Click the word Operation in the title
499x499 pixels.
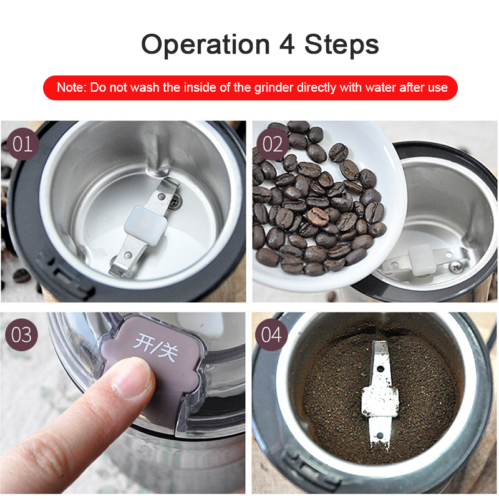[x=205, y=45]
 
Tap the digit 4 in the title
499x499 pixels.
[x=287, y=44]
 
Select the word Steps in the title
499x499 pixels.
[x=342, y=45]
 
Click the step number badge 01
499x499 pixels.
[x=23, y=144]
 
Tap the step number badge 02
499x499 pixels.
[x=273, y=144]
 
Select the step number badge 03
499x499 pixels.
[x=22, y=335]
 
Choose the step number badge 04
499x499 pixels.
[x=271, y=335]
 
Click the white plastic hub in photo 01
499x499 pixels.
[x=145, y=225]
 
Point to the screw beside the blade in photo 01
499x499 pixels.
[x=175, y=201]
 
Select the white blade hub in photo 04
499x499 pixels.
[x=380, y=402]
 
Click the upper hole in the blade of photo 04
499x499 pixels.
[x=380, y=369]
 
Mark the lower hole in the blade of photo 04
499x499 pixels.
[x=379, y=435]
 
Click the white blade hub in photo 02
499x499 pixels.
[x=422, y=260]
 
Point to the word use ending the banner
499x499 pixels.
[x=439, y=88]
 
